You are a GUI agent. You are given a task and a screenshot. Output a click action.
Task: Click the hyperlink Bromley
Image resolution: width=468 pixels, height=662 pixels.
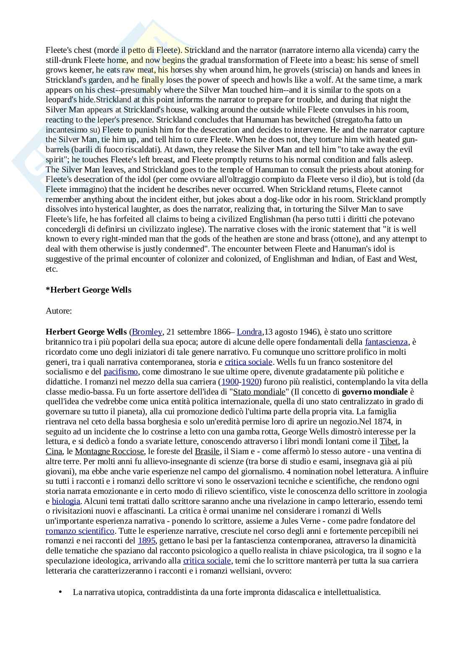tap(147, 332)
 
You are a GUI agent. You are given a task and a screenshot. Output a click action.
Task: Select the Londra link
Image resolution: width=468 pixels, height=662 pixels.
tap(249, 332)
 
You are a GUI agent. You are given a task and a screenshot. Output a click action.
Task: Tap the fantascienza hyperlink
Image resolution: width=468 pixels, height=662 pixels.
tap(386, 342)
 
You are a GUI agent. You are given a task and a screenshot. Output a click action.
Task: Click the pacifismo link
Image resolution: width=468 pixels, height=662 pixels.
tap(121, 372)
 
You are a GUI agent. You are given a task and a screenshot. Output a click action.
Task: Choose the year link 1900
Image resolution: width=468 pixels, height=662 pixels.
tap(230, 382)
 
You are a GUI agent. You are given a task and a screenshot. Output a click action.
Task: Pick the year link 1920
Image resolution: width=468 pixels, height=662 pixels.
tap(250, 382)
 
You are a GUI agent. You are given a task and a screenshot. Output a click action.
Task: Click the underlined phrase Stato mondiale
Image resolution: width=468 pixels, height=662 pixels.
tap(259, 392)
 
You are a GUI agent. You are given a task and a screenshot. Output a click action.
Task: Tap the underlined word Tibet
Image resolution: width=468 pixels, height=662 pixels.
tap(389, 441)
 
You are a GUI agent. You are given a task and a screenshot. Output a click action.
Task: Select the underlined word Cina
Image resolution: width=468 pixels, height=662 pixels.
tap(54, 452)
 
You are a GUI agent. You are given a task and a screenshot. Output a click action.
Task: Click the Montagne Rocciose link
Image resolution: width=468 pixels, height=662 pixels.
tap(109, 452)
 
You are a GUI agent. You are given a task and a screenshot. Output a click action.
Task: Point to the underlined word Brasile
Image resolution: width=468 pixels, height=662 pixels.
tap(207, 452)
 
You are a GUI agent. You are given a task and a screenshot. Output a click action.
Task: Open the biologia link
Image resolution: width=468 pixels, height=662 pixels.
tap(66, 501)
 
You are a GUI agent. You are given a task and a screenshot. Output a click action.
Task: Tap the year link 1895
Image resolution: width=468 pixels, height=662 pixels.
tap(146, 541)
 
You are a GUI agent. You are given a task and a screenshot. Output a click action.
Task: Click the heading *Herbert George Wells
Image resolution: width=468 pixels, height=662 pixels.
tap(88, 290)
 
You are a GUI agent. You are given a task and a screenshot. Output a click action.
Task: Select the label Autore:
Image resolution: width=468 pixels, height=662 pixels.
tap(59, 311)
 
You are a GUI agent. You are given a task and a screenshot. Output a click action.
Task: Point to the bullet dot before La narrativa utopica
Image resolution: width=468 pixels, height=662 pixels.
tap(60, 592)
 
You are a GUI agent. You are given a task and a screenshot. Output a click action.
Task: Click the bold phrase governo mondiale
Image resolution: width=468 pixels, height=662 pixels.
tap(374, 392)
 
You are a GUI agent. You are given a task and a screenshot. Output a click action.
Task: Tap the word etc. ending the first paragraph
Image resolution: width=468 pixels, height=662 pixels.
tap(52, 269)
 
